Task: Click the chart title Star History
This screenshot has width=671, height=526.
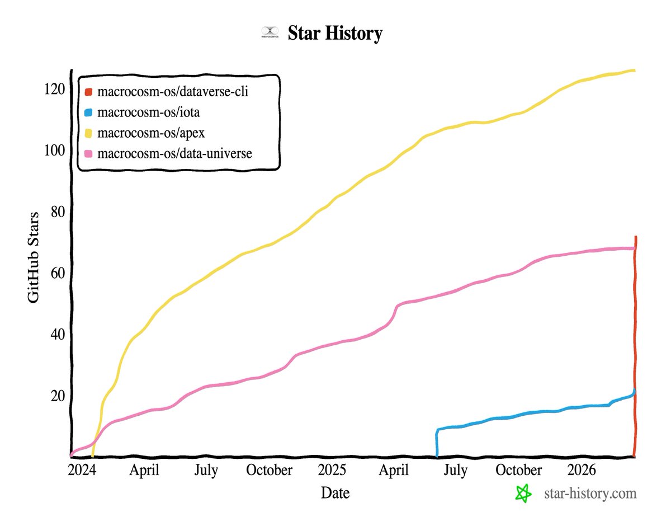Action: coord(335,34)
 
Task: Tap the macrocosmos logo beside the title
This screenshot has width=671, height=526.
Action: coord(270,33)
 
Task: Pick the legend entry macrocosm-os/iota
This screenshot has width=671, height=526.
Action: coord(148,112)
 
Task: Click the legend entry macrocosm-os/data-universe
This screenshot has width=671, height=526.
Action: coord(174,153)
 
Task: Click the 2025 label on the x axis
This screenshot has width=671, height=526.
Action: coord(332,470)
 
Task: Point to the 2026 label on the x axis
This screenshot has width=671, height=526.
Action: coord(582,470)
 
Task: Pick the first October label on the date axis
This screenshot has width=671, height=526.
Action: coord(269,470)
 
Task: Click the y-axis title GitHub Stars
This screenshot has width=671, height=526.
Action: coord(34,258)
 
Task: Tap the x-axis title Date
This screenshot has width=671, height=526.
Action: coord(335,493)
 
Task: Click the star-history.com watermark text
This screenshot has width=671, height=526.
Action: coord(590,494)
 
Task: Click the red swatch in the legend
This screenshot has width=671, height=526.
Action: coord(88,92)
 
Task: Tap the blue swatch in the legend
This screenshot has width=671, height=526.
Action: coord(88,112)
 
